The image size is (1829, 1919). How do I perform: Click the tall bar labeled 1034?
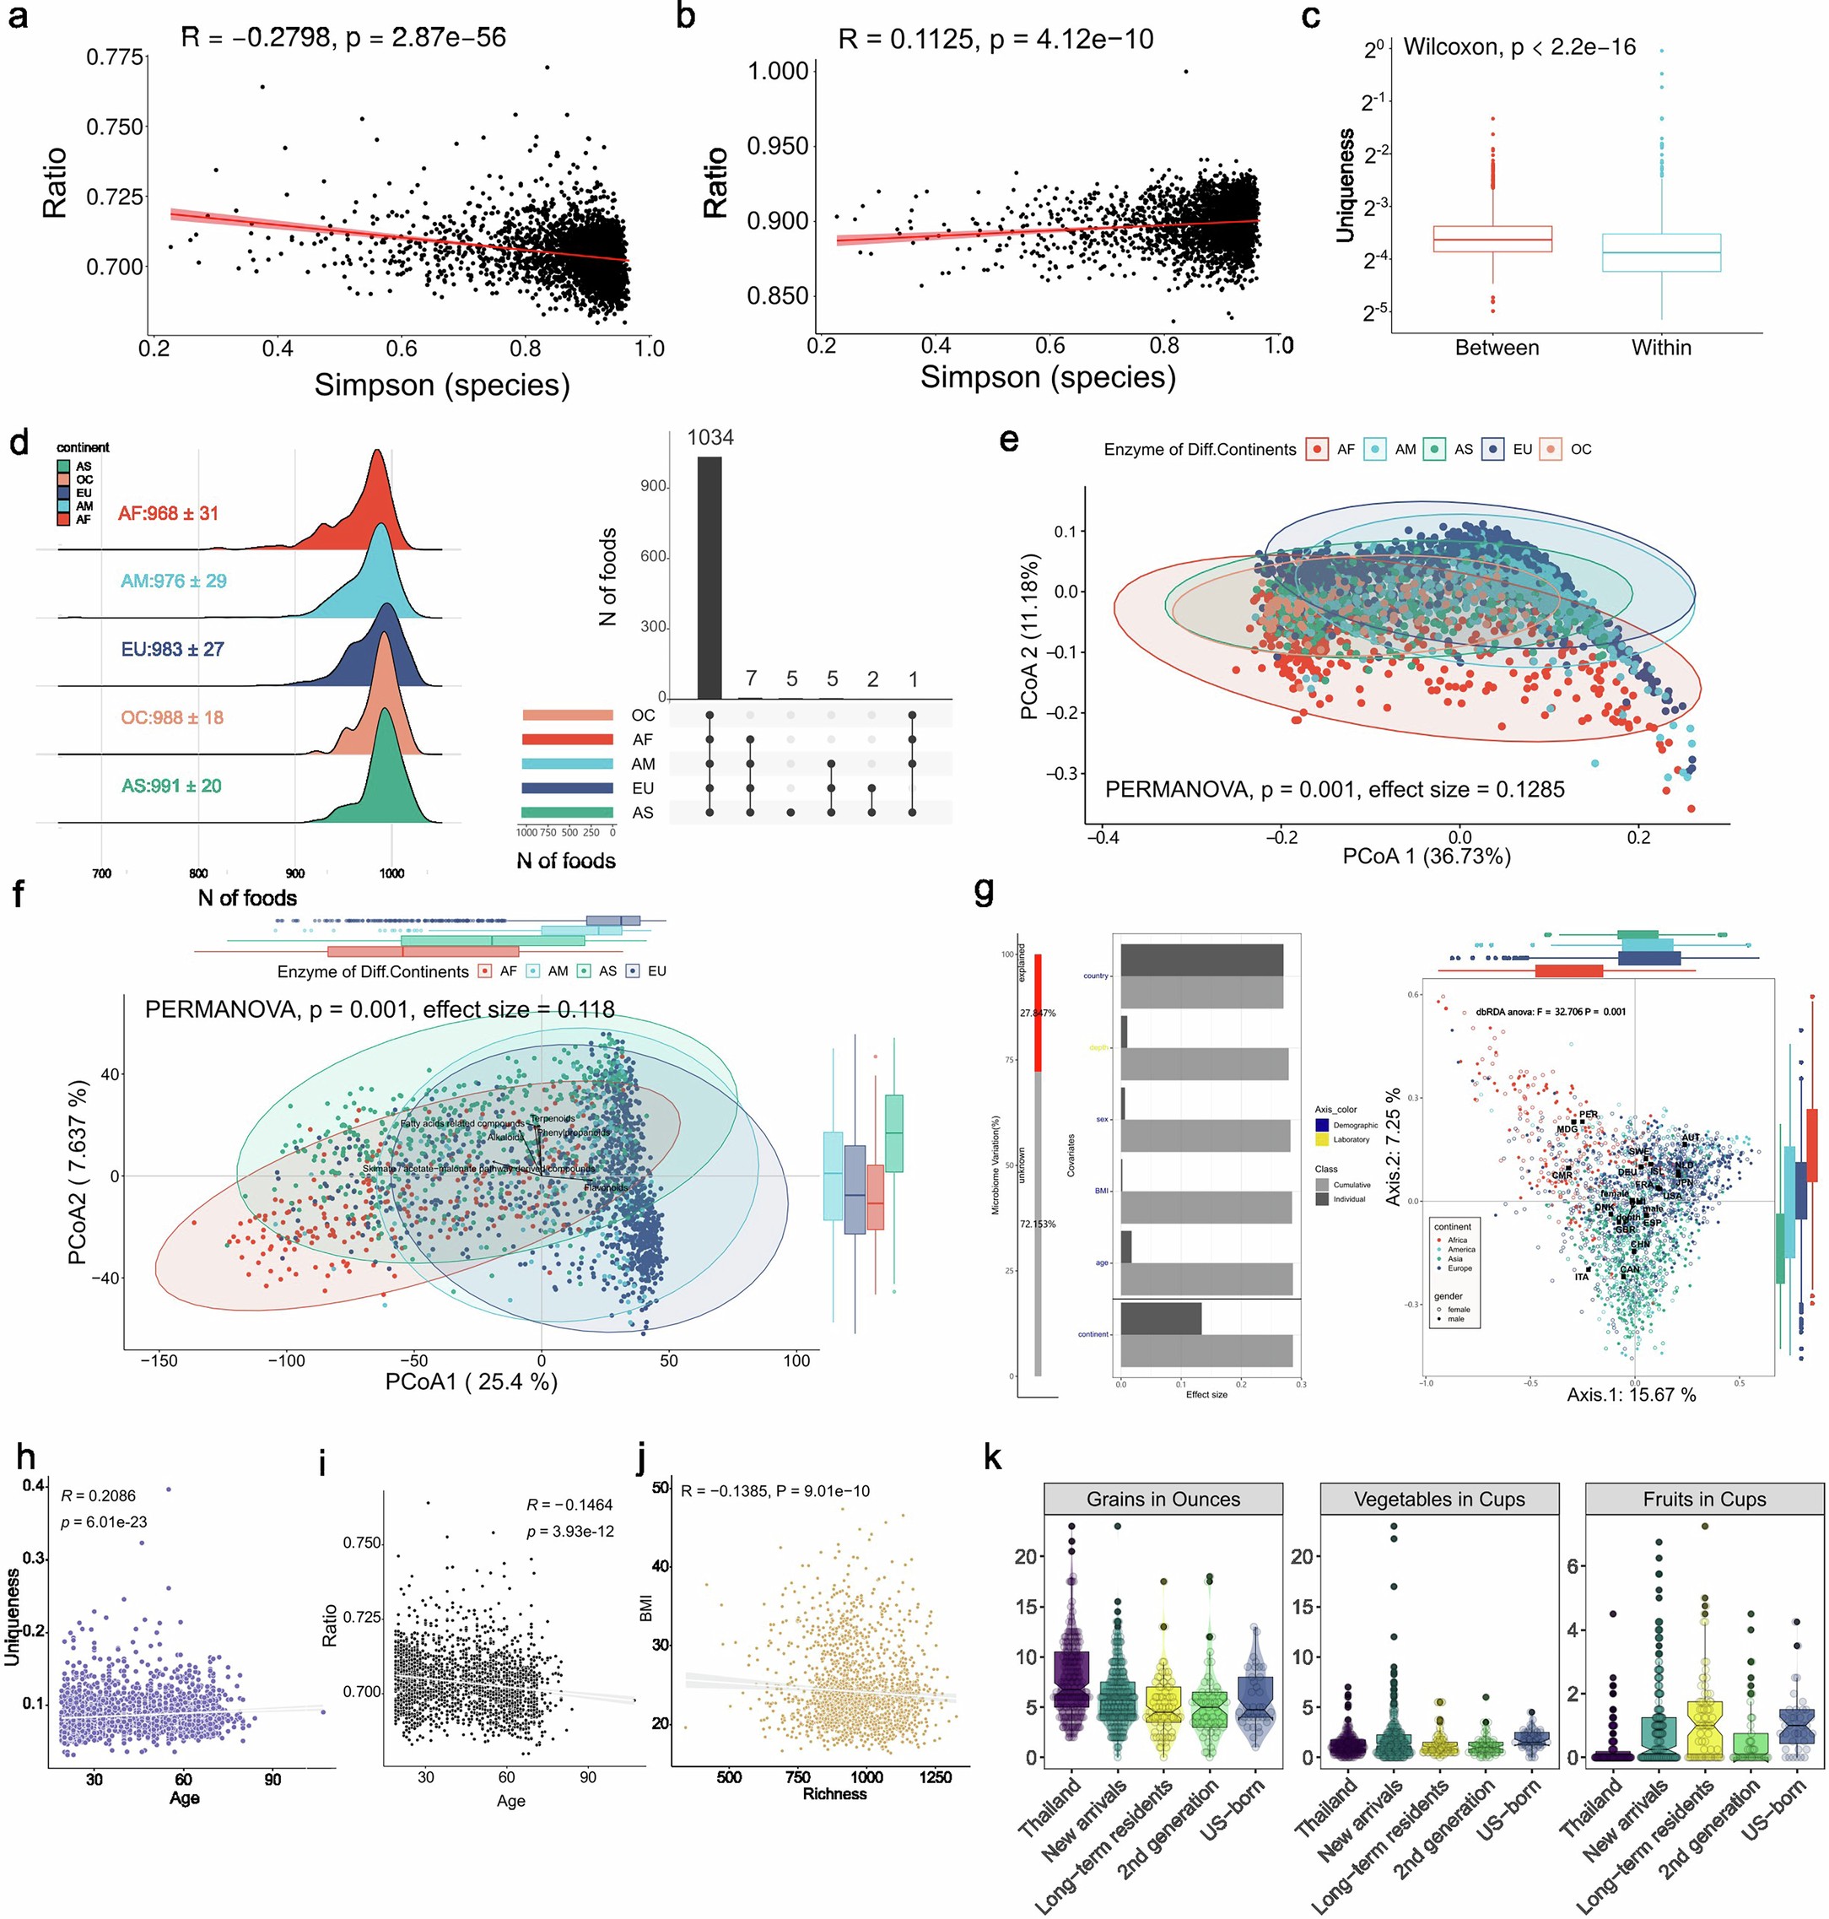pyautogui.click(x=709, y=577)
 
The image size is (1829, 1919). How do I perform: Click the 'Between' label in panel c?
pyautogui.click(x=1496, y=349)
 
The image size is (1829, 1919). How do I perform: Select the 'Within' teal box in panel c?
pyautogui.click(x=1660, y=252)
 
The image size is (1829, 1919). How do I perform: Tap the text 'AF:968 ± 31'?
pyautogui.click(x=168, y=513)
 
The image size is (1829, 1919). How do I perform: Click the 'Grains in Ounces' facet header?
pyautogui.click(x=1163, y=1499)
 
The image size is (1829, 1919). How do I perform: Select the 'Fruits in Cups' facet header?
pyautogui.click(x=1703, y=1499)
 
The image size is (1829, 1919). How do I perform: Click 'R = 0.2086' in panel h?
pyautogui.click(x=98, y=1496)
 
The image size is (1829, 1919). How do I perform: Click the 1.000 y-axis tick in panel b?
pyautogui.click(x=777, y=71)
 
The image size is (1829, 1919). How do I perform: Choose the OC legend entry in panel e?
pyautogui.click(x=1568, y=450)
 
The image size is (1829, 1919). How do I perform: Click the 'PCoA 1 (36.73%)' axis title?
pyautogui.click(x=1426, y=857)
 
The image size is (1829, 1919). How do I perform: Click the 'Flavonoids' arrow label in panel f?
pyautogui.click(x=606, y=1187)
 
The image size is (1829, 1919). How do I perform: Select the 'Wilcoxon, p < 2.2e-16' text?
pyautogui.click(x=1519, y=46)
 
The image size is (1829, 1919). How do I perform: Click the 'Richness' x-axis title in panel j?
pyautogui.click(x=834, y=1793)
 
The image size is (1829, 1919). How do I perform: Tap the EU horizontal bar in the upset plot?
pyautogui.click(x=566, y=788)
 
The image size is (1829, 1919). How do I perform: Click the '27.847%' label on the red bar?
pyautogui.click(x=1038, y=1014)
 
